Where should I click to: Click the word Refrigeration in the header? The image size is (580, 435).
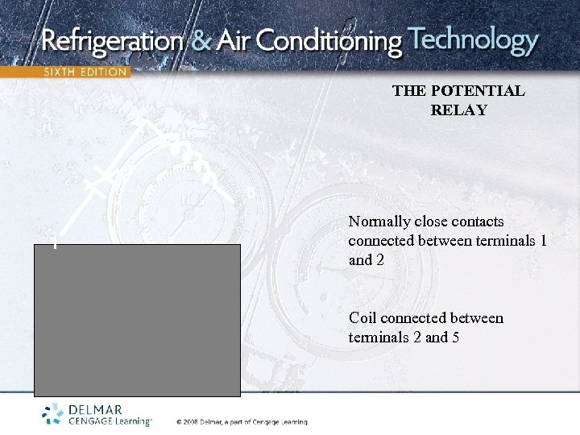click(112, 41)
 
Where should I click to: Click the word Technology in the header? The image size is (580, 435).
click(473, 40)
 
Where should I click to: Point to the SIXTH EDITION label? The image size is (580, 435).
click(85, 72)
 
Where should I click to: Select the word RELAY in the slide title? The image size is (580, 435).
click(458, 110)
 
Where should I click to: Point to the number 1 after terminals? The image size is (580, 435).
click(544, 241)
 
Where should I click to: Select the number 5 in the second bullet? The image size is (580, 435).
click(455, 338)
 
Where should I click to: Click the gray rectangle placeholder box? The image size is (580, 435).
click(137, 321)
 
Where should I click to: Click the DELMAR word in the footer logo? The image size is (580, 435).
click(96, 410)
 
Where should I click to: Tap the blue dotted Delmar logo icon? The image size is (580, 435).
click(54, 414)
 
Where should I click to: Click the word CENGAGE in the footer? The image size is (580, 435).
click(93, 421)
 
